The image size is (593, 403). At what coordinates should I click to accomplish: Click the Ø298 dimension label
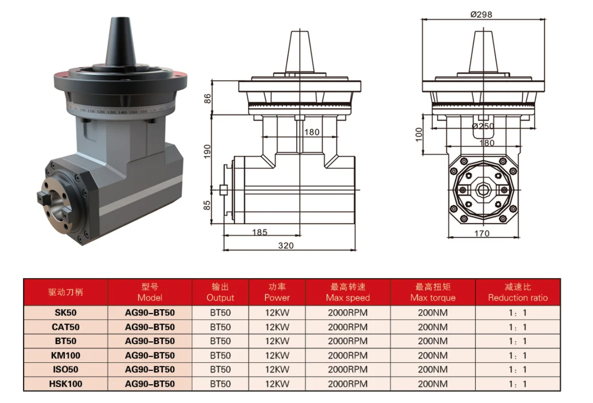click(x=481, y=14)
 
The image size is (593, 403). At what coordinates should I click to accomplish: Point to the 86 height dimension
click(x=207, y=98)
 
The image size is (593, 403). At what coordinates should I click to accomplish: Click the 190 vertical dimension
click(x=207, y=152)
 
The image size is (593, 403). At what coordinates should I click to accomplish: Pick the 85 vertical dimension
click(x=207, y=205)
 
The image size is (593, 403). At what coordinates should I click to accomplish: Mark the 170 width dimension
click(x=482, y=234)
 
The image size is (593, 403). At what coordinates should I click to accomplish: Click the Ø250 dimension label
click(x=483, y=126)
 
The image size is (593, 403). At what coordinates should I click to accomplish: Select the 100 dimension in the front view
click(x=419, y=134)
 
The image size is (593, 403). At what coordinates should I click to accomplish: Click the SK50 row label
click(x=65, y=313)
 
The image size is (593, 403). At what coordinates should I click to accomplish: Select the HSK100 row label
click(x=65, y=384)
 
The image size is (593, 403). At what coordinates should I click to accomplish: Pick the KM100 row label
click(x=65, y=356)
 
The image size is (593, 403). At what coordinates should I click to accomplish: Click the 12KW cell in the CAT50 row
click(x=277, y=327)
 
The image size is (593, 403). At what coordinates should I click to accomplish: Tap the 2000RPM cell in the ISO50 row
click(x=347, y=369)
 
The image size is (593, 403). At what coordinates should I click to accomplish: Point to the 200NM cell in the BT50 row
click(x=432, y=341)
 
